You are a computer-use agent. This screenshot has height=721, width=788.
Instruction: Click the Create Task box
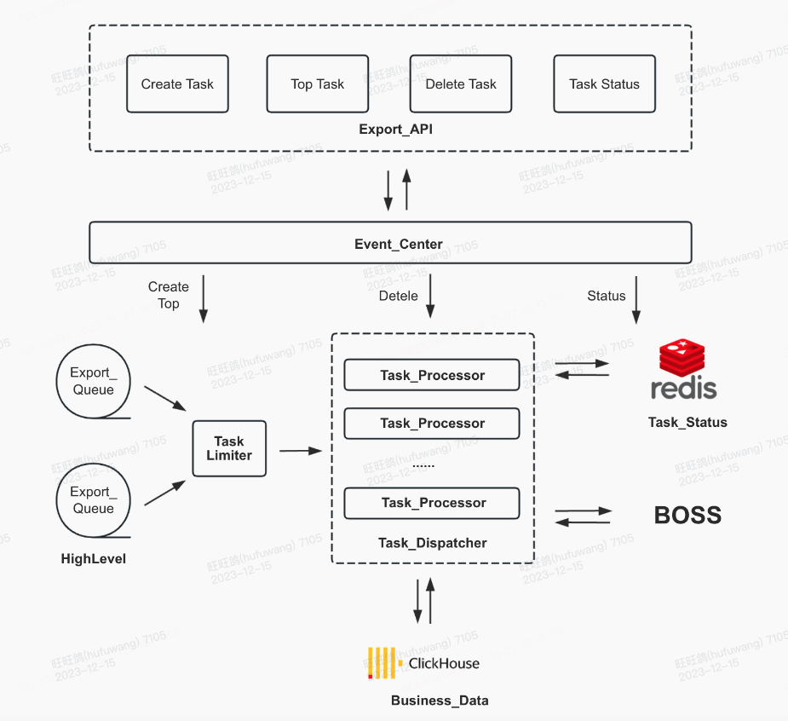pos(177,84)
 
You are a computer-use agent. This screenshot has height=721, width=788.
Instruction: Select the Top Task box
pos(318,84)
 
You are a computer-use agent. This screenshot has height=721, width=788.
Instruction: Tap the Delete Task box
pos(461,84)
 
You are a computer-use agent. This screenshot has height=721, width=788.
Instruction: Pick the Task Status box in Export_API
pos(604,84)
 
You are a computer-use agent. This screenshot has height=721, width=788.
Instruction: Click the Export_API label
pos(390,130)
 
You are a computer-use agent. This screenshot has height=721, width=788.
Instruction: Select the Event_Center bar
pos(390,244)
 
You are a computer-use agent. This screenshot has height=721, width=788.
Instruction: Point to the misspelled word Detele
pos(398,296)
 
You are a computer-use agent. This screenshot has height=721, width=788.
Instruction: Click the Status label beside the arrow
pos(606,296)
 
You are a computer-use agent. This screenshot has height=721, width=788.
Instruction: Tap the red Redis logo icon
pos(682,359)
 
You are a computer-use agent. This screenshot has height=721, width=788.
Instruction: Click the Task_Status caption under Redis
pos(687,422)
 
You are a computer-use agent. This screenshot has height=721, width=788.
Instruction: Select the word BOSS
pos(687,516)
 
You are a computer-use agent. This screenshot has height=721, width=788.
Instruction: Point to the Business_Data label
pos(440,701)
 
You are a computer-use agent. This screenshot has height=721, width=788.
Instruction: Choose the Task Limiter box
pos(229,448)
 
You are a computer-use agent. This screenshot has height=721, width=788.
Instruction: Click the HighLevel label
pos(94,559)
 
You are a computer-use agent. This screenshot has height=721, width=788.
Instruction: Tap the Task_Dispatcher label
pos(433,543)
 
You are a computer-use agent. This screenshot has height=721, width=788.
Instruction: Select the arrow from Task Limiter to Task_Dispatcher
pos(299,450)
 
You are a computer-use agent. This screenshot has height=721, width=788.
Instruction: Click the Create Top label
pos(168,295)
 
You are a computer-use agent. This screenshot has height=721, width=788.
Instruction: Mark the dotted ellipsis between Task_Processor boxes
pos(423,464)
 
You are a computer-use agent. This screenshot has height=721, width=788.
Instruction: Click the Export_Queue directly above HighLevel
pos(93,500)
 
